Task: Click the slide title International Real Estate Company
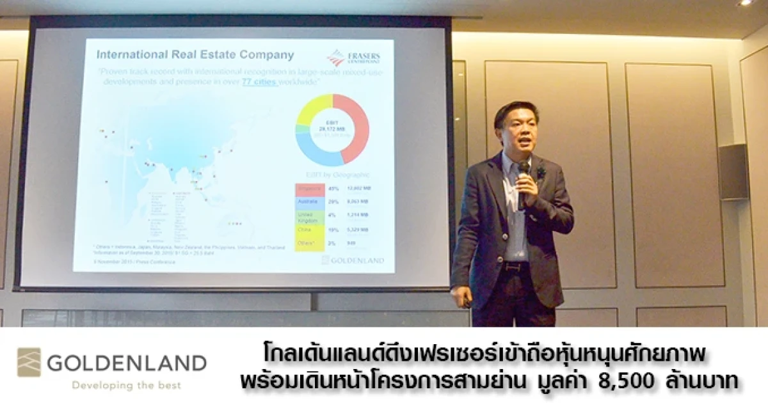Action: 195,55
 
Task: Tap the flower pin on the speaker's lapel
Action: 541,172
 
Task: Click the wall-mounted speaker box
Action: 733,171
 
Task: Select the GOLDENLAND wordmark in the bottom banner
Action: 127,363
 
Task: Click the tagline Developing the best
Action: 126,385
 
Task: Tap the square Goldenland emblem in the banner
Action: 29,362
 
